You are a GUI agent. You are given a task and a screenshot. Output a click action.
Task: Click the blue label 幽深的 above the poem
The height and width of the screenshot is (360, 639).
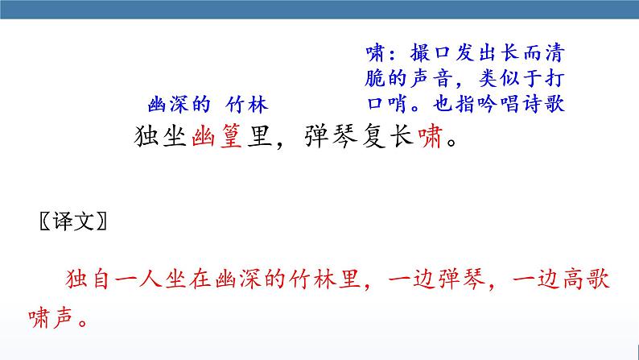pos(179,105)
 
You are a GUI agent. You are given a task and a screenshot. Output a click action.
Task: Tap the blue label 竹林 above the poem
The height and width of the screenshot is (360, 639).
pos(245,105)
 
